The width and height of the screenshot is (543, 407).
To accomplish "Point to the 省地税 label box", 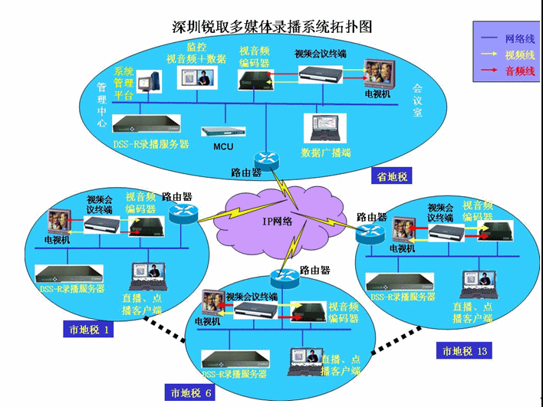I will [390, 176].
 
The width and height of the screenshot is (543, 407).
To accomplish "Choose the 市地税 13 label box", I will [463, 351].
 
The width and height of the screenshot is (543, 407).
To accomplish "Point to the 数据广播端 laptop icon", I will [321, 130].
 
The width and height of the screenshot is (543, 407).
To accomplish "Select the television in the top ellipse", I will [378, 75].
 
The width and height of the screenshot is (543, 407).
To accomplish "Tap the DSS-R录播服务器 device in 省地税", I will [146, 124].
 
